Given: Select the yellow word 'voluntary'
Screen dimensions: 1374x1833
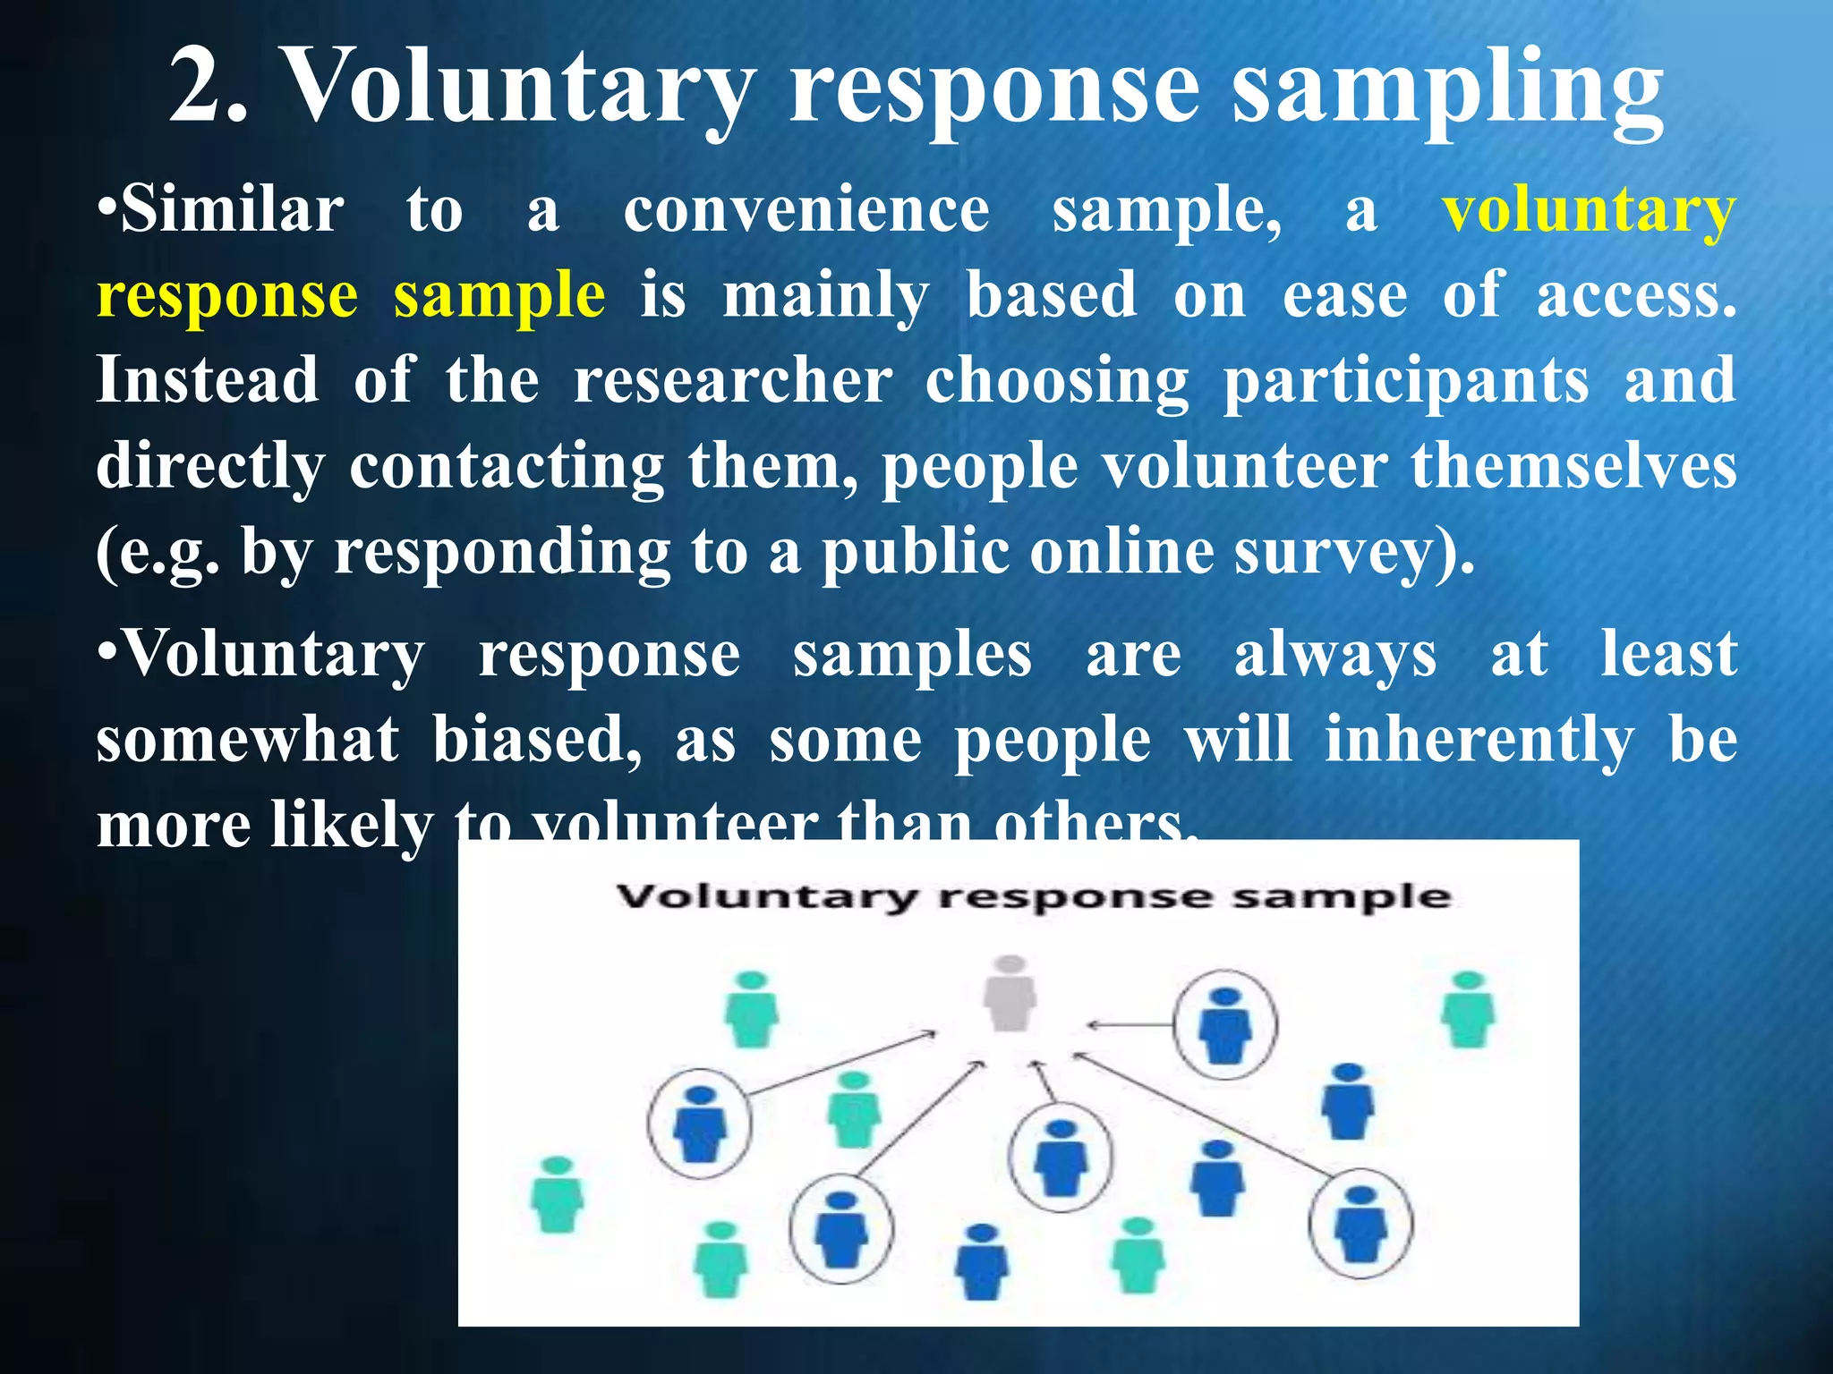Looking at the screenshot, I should (1589, 212).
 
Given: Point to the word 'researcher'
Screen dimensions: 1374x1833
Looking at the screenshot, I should (732, 381).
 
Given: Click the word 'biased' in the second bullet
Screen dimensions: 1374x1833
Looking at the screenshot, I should (537, 741).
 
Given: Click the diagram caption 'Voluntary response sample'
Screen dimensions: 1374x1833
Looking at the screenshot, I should (1034, 896).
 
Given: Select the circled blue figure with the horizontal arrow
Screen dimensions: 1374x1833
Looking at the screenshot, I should (1224, 1024).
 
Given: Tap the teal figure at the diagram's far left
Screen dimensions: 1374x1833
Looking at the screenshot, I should (557, 1195).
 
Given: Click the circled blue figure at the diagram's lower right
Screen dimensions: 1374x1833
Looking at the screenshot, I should (1360, 1222).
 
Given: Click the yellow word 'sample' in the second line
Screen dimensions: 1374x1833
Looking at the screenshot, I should (499, 295).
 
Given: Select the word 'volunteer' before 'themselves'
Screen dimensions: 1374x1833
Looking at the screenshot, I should (1245, 467).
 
